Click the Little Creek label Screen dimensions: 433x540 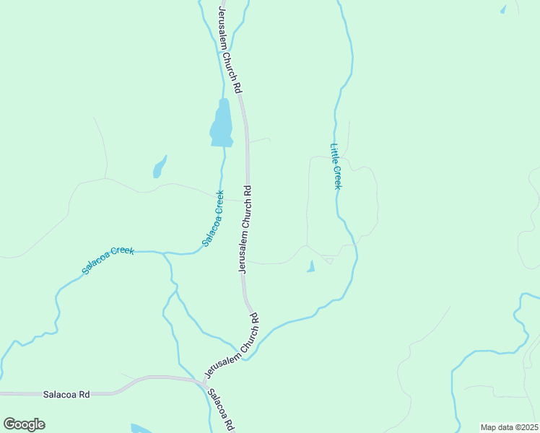[x=336, y=167]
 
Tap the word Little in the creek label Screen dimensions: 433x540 [x=334, y=152]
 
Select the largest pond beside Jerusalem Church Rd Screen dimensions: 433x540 [x=222, y=124]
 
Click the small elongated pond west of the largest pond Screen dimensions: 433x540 [x=159, y=167]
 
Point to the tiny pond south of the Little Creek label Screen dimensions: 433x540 [x=310, y=266]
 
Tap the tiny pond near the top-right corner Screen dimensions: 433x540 [x=503, y=9]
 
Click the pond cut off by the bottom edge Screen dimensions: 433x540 [x=141, y=429]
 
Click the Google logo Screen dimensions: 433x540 [x=24, y=424]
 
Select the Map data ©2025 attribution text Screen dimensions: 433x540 [x=509, y=427]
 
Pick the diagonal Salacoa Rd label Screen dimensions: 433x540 [x=221, y=411]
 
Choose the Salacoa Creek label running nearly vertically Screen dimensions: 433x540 [x=213, y=218]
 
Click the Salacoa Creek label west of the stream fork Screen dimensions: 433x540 [x=108, y=260]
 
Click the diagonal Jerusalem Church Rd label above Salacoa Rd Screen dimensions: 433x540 [x=232, y=345]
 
